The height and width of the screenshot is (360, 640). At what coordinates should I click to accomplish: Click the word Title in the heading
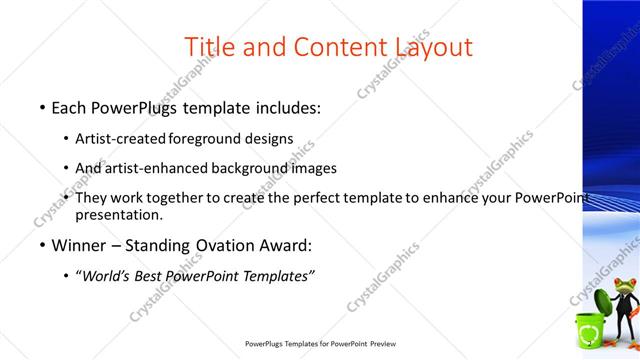tap(212, 47)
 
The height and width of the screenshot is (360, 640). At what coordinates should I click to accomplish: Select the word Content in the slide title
tap(339, 47)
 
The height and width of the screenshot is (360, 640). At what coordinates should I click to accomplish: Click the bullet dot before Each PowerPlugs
tap(41, 105)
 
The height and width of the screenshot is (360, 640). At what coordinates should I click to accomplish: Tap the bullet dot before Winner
tap(41, 245)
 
